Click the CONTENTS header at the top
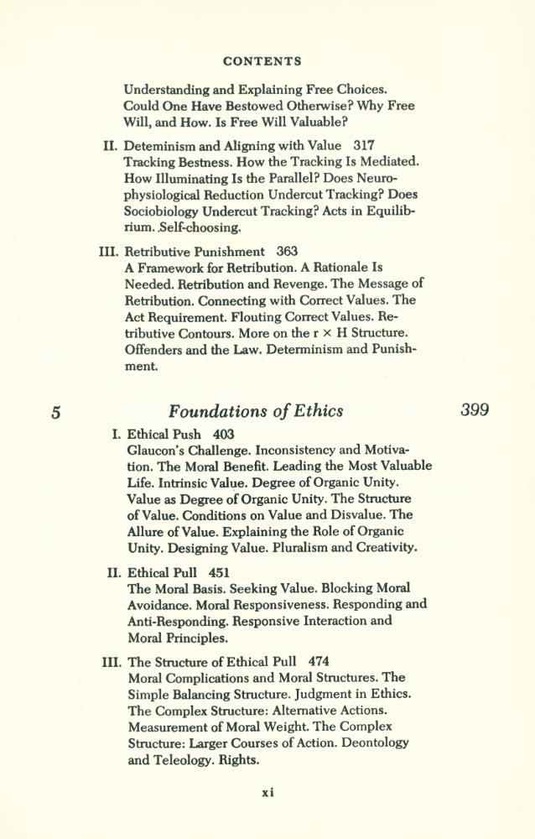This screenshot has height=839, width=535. (x=262, y=61)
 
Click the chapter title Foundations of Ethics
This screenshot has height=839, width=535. (x=256, y=411)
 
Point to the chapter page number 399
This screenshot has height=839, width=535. (x=475, y=410)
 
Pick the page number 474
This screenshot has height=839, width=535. (x=319, y=660)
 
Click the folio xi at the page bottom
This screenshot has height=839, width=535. (x=267, y=791)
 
